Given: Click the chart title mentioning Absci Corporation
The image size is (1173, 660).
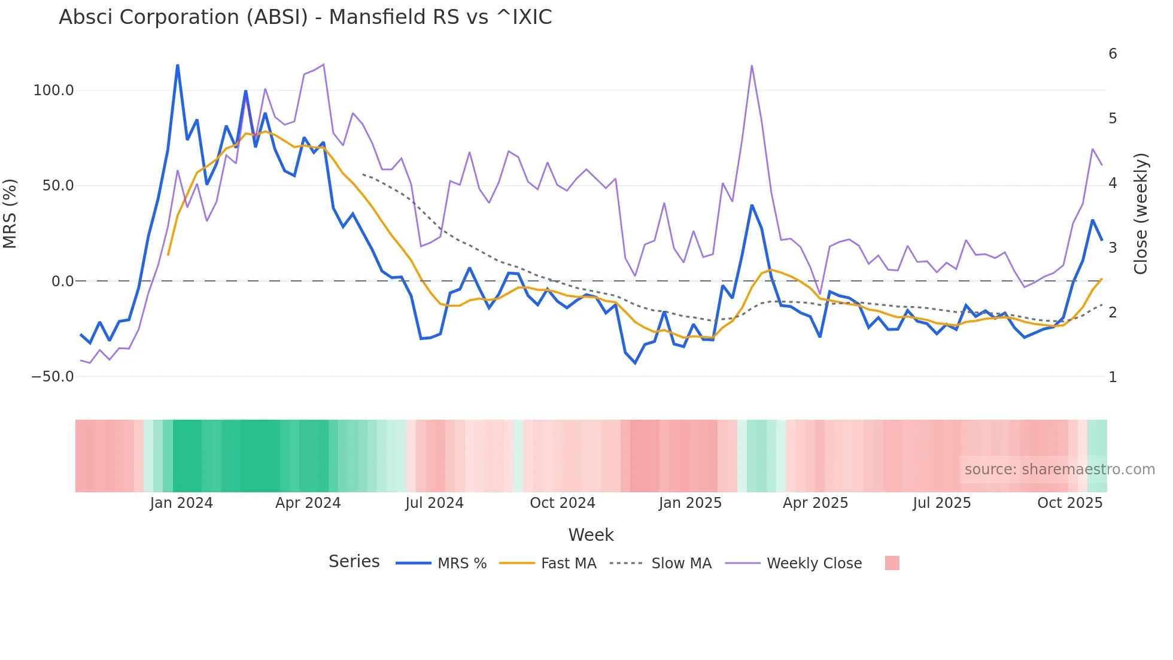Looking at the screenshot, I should click(x=305, y=17).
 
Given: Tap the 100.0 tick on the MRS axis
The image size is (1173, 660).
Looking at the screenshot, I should click(x=53, y=90).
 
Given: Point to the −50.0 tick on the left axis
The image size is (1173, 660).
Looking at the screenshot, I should click(x=52, y=377).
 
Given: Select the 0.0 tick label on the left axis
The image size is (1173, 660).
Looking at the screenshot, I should click(x=62, y=281).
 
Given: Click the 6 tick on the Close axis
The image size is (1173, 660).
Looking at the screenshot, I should click(x=1113, y=54).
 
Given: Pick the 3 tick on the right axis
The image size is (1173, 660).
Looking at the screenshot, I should click(x=1113, y=247).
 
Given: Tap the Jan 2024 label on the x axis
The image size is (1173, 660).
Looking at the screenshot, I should click(x=181, y=503).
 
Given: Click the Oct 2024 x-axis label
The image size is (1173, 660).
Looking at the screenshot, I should click(x=563, y=503).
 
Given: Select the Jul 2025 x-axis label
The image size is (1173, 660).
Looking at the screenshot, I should click(x=941, y=503).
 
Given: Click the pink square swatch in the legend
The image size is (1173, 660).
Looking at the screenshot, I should click(x=892, y=563).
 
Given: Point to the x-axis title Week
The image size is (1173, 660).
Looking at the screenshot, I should click(x=591, y=535).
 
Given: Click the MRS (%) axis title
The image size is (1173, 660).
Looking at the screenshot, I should click(x=10, y=214).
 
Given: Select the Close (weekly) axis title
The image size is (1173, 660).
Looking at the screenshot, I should click(x=1141, y=214).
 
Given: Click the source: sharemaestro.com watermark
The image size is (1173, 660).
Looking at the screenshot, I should click(x=1059, y=470).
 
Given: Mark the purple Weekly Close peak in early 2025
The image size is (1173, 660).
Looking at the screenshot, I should click(x=752, y=66).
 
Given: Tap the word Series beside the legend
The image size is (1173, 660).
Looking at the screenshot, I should click(x=354, y=562).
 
